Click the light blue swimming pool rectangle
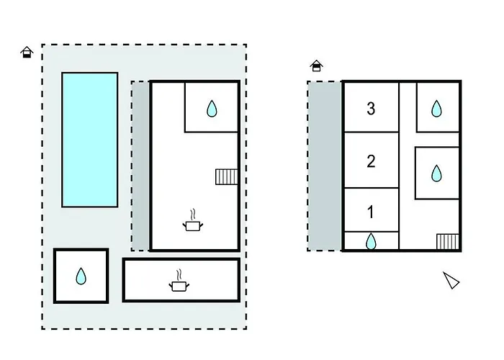(x=89, y=139)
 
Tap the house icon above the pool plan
(x=27, y=52)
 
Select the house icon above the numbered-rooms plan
(x=316, y=66)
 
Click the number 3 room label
(x=371, y=109)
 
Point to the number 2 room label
(x=371, y=161)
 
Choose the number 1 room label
(x=371, y=212)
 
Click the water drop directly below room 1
(x=371, y=241)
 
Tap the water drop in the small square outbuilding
(x=81, y=276)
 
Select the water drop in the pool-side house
(x=212, y=109)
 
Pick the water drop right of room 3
(x=436, y=109)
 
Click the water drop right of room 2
(x=436, y=174)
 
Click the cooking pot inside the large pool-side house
(x=192, y=225)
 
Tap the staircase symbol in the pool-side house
(x=226, y=176)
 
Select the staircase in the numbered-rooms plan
(x=447, y=241)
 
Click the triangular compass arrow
(x=451, y=280)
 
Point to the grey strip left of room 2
(x=324, y=166)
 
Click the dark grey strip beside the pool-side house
(x=141, y=166)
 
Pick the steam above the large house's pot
(x=192, y=214)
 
